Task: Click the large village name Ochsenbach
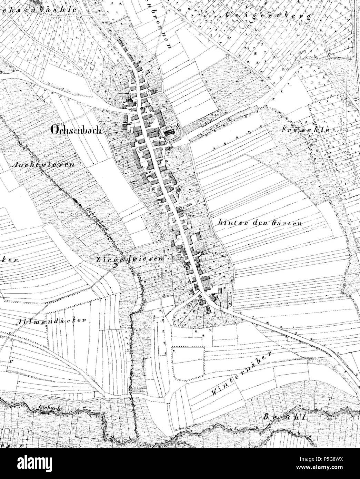[74, 130]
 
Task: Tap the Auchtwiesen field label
[43, 165]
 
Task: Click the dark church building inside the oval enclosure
[170, 132]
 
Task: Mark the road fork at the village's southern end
[201, 293]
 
